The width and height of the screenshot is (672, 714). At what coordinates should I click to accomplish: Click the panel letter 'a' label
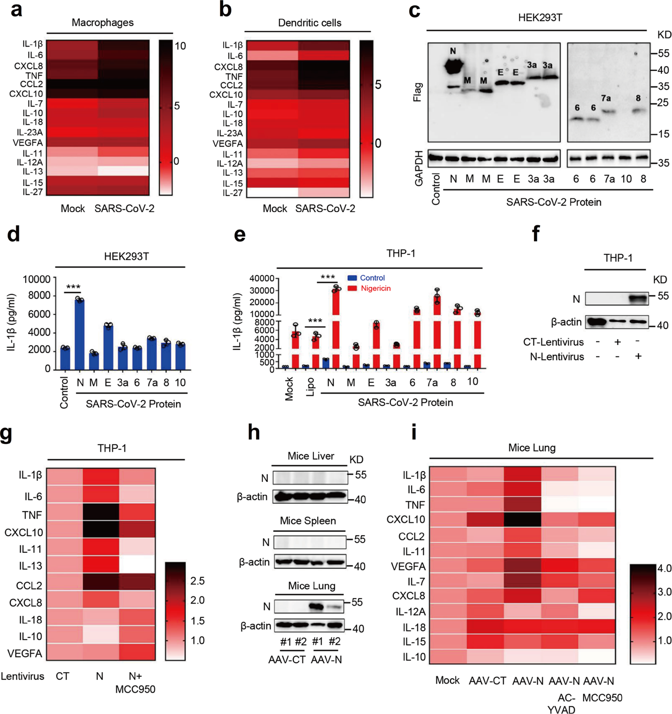coord(16,10)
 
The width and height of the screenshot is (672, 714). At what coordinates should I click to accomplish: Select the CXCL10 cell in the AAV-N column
coord(522,519)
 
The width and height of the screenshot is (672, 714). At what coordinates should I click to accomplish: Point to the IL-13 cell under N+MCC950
coord(137,565)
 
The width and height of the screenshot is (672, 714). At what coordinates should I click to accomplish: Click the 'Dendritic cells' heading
coord(309,23)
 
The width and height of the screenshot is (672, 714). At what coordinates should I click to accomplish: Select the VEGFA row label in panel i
coord(408,566)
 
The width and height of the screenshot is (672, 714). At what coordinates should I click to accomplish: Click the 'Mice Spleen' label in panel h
coord(308,521)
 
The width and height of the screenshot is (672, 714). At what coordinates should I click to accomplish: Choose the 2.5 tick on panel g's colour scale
coord(197,581)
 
